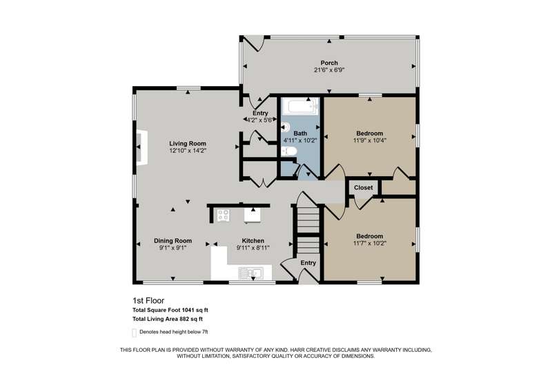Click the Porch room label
pos(329,63)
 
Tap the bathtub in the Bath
pos(300,106)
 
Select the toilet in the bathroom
pos(289,151)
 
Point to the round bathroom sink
pos(285,126)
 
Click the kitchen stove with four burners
pos(223,215)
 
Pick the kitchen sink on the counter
pos(250,273)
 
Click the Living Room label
pos(188,143)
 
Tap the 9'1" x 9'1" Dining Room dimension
pos(172,248)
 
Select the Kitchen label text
pos(253,240)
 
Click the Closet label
pos(364,187)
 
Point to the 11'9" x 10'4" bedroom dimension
pos(370,140)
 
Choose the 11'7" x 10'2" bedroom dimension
pos(370,243)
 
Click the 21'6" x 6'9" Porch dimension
pos(329,70)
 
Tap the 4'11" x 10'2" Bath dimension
pos(300,140)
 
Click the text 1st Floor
pos(148,301)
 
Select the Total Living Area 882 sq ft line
pos(168,319)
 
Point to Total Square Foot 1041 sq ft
pos(170,310)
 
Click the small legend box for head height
pos(134,333)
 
